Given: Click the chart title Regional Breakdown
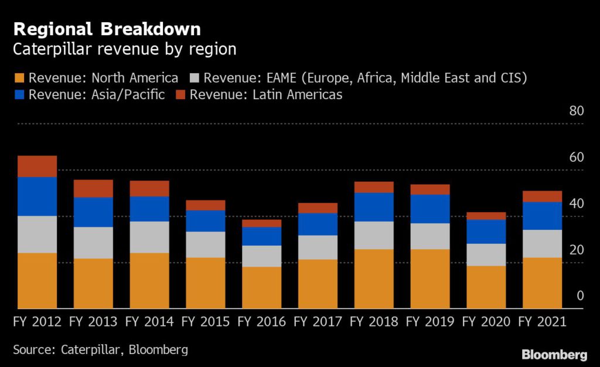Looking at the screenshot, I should coord(107,29).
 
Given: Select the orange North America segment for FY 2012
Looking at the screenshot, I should coord(37,280).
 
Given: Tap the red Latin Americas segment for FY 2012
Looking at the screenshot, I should coord(37,166).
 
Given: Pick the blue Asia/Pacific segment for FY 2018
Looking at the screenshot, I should coord(374,207).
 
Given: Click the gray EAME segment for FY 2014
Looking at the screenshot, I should coord(149,237).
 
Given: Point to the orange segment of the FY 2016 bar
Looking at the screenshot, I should coord(262,287).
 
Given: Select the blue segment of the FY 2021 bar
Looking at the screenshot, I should coord(542,216).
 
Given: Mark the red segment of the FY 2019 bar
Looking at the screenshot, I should coord(429,189).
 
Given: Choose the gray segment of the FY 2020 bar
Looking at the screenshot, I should coord(486,254).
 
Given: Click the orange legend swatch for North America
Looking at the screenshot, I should coord(19,78).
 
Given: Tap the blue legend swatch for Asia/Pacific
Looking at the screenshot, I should coord(19,94).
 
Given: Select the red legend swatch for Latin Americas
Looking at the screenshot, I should coord(179,94).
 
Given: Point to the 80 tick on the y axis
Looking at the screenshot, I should coord(577,111).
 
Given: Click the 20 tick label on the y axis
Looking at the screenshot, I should coord(577,250).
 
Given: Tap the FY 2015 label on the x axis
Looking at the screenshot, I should coord(206,322).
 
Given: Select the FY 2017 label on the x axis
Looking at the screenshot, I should coord(318,322).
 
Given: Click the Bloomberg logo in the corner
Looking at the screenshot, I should coord(554,355).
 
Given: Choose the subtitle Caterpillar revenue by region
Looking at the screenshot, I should coord(125,49).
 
